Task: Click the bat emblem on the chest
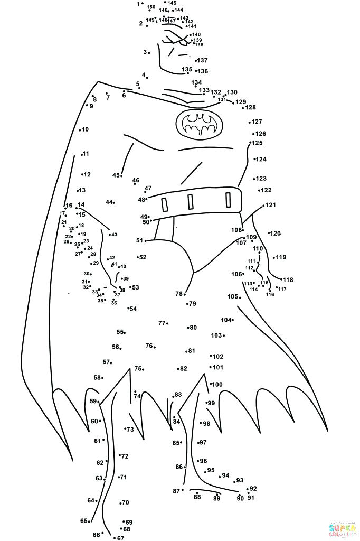click(199, 125)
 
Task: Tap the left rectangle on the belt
click(165, 204)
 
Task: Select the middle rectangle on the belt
click(190, 202)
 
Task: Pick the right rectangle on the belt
click(228, 200)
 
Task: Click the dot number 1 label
click(138, 4)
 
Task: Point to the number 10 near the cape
click(85, 129)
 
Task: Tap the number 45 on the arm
click(116, 175)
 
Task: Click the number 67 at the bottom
click(121, 538)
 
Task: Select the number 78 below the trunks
click(179, 294)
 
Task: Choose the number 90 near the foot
click(240, 498)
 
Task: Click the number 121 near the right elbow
click(271, 205)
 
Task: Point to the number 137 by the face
click(203, 60)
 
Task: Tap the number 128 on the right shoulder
click(250, 108)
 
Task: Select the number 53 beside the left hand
click(135, 287)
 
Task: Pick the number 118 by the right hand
click(288, 280)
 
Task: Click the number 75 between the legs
click(138, 369)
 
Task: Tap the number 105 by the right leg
click(232, 296)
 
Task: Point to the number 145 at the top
click(172, 3)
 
